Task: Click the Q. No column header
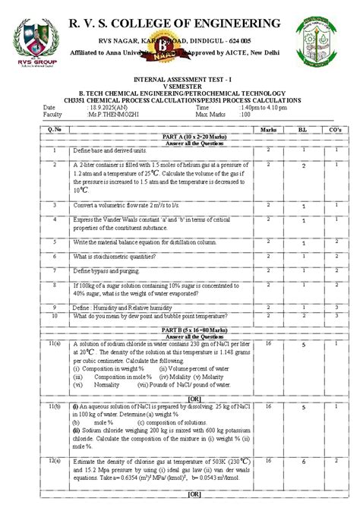[55, 130]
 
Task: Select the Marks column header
[268, 130]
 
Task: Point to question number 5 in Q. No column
[55, 241]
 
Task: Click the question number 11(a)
[55, 344]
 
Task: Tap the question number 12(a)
[55, 461]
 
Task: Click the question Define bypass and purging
[106, 270]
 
